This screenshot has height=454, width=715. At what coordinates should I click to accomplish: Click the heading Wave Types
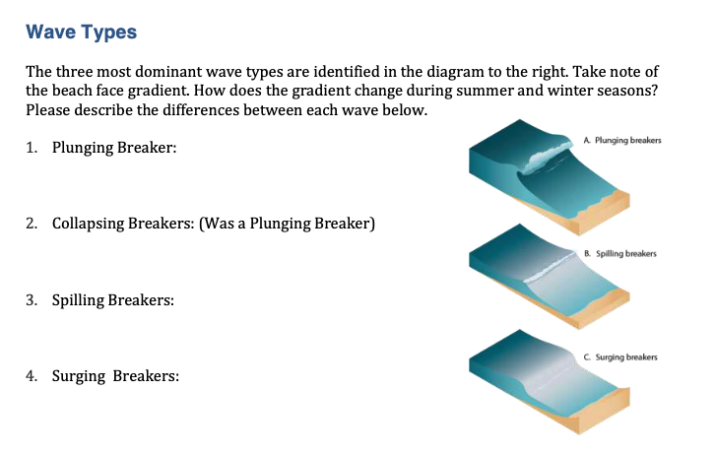(81, 32)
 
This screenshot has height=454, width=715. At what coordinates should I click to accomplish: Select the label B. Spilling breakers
(618, 253)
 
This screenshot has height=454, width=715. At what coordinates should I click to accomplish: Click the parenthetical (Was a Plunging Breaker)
(287, 224)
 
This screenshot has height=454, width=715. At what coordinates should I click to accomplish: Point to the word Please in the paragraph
(48, 109)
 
